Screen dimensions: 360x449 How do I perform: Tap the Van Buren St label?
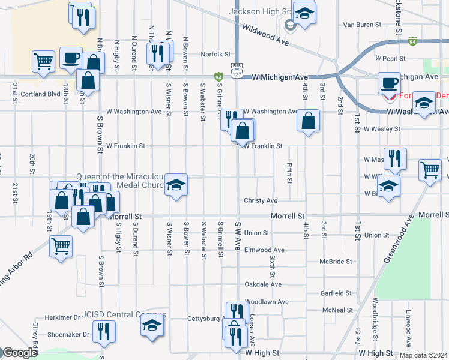tap(362, 25)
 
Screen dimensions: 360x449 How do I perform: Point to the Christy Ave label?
tap(260, 200)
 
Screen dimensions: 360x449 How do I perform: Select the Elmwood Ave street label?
tap(264, 250)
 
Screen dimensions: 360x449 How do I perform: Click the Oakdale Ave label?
tap(263, 284)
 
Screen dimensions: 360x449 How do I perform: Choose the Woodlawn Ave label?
tap(267, 301)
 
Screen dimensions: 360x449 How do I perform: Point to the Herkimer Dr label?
tap(63, 317)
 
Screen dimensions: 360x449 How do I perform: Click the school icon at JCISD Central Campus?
tap(152, 325)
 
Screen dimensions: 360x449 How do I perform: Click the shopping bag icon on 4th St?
tap(308, 120)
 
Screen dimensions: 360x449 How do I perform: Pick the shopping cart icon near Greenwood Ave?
tap(430, 170)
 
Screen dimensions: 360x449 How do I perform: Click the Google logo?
tap(20, 353)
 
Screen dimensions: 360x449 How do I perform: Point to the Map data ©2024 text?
tap(423, 355)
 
